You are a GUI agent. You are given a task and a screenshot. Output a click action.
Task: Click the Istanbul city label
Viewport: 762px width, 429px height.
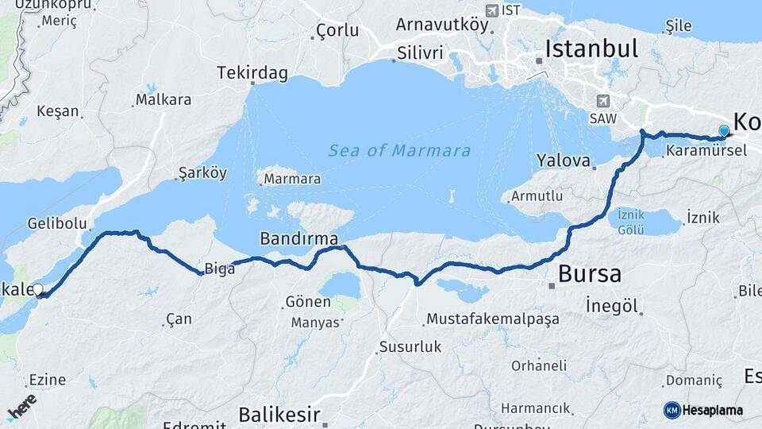[x=591, y=49]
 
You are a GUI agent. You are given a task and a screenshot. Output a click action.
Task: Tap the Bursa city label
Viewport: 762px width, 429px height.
[x=590, y=275]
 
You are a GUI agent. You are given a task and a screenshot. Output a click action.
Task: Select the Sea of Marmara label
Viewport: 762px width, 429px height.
[x=399, y=150]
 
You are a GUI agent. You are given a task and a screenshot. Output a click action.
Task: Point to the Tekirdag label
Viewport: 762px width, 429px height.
[x=252, y=73]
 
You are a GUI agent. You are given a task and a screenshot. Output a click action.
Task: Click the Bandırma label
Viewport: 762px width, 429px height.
[x=298, y=238]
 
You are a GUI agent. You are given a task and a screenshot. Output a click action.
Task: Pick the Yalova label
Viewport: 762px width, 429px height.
[x=564, y=160]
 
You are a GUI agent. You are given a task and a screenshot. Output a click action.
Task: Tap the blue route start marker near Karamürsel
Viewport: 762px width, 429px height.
[x=723, y=131]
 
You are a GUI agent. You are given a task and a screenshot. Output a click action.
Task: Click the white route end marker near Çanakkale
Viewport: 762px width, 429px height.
[x=37, y=290]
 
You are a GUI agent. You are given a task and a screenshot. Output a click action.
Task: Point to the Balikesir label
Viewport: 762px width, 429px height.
[x=279, y=414]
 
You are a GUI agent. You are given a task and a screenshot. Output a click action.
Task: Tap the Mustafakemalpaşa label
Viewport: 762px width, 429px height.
[x=493, y=319]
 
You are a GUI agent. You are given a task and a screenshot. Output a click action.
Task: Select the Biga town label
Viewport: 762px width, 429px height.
[x=220, y=269]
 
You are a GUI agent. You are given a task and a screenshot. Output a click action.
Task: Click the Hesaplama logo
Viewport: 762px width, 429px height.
[x=703, y=410]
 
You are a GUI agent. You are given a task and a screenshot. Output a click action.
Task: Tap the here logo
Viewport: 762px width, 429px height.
[x=22, y=406]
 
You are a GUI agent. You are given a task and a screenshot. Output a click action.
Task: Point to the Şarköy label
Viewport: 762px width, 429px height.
[x=202, y=173]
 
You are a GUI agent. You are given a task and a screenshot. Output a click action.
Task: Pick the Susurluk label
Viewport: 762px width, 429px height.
[x=410, y=346]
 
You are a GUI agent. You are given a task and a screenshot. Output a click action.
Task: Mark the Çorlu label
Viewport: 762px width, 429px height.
[x=337, y=30]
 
